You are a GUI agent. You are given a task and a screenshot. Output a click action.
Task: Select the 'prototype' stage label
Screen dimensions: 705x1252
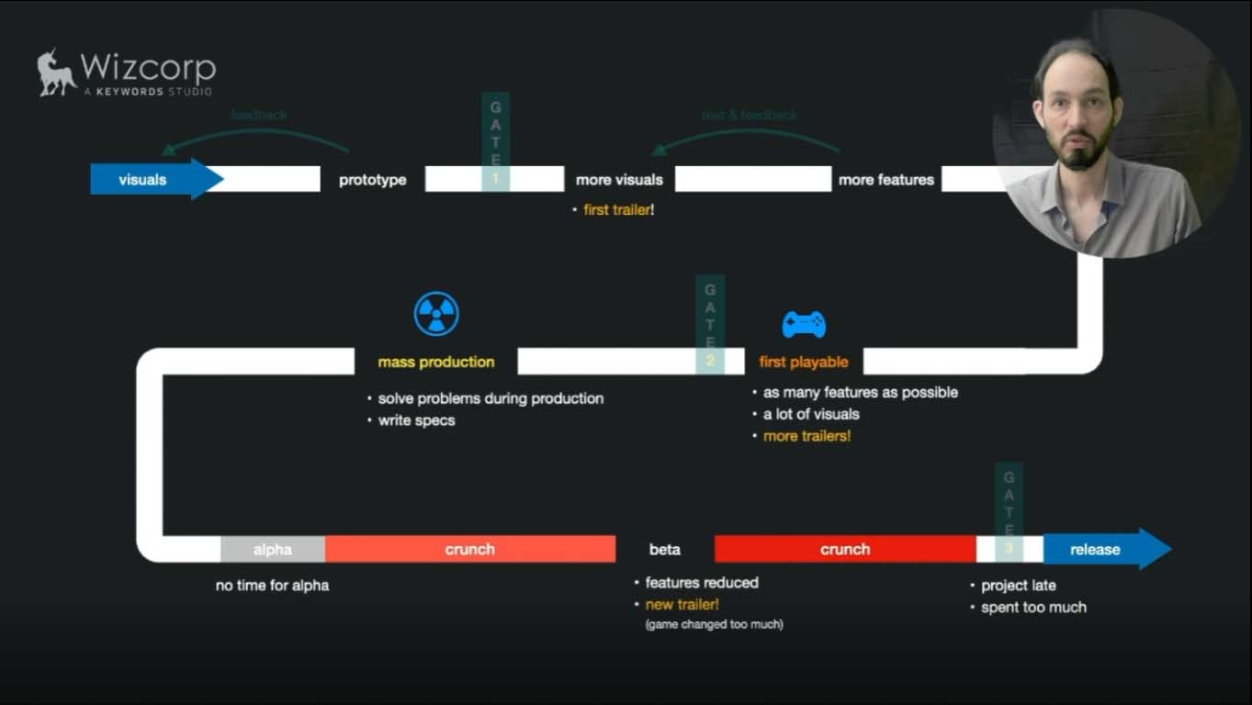tap(372, 180)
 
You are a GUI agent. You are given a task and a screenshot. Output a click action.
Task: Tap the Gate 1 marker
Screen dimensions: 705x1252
tap(495, 141)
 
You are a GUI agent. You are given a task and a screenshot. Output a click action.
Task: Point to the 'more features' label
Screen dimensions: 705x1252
tap(885, 180)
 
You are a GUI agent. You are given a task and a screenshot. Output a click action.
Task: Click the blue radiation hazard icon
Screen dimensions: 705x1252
tap(435, 315)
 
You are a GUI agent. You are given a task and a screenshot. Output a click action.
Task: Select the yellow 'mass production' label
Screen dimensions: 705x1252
tap(435, 362)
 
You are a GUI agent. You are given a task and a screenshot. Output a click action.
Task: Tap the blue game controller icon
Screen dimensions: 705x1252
tap(804, 324)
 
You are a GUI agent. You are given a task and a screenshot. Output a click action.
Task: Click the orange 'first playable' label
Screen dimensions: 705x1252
tap(804, 362)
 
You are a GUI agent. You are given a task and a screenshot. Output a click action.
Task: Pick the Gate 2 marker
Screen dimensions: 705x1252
tap(710, 324)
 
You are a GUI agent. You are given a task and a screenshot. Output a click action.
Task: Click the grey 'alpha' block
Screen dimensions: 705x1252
tap(273, 549)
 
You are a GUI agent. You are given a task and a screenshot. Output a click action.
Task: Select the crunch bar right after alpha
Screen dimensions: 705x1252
tap(469, 549)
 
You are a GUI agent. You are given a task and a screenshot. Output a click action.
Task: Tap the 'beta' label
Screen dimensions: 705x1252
tap(665, 550)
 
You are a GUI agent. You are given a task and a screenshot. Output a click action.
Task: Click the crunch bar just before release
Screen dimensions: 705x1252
tap(844, 549)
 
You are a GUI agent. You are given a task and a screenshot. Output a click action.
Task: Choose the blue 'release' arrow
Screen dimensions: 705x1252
tap(1102, 549)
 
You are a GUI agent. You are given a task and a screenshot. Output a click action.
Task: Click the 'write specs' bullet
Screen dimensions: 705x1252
tap(416, 420)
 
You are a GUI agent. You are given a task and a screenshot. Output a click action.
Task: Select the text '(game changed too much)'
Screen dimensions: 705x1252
tap(714, 624)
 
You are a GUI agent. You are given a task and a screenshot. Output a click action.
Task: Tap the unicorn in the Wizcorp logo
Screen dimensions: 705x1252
tap(56, 73)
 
